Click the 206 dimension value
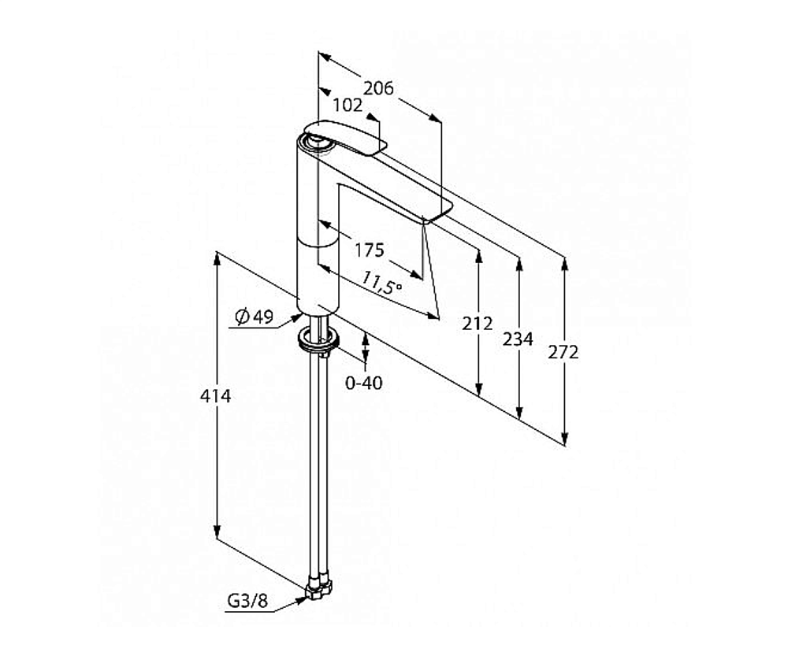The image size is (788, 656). pyautogui.click(x=378, y=88)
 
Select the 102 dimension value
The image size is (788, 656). pyautogui.click(x=348, y=106)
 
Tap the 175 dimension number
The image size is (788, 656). pyautogui.click(x=370, y=250)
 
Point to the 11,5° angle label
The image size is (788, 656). pyautogui.click(x=381, y=283)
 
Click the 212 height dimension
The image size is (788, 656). pyautogui.click(x=478, y=324)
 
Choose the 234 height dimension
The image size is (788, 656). pyautogui.click(x=518, y=340)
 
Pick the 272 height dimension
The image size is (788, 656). pyautogui.click(x=563, y=353)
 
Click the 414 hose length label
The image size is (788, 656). pyautogui.click(x=216, y=396)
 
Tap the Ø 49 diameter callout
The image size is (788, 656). pyautogui.click(x=255, y=317)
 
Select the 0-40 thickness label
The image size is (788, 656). pyautogui.click(x=364, y=384)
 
